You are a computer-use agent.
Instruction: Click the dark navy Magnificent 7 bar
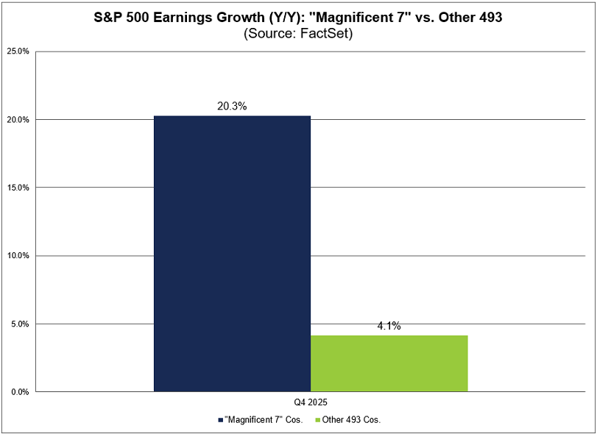[x=232, y=254]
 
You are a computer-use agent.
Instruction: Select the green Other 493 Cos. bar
[x=389, y=363]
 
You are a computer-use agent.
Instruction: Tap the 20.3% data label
[x=232, y=106]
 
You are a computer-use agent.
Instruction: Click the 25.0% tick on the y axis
[x=18, y=51]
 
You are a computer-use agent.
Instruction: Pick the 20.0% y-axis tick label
[x=18, y=120]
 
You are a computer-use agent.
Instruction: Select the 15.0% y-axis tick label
[x=18, y=188]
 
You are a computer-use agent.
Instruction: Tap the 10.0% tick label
[x=18, y=256]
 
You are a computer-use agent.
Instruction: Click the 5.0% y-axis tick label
[x=19, y=324]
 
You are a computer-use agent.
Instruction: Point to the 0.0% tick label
[x=19, y=392]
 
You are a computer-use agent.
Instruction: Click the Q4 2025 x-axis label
[x=310, y=403]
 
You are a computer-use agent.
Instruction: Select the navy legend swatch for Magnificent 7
[x=220, y=420]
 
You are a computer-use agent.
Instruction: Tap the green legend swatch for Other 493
[x=319, y=420]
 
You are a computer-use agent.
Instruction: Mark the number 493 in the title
[x=489, y=17]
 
